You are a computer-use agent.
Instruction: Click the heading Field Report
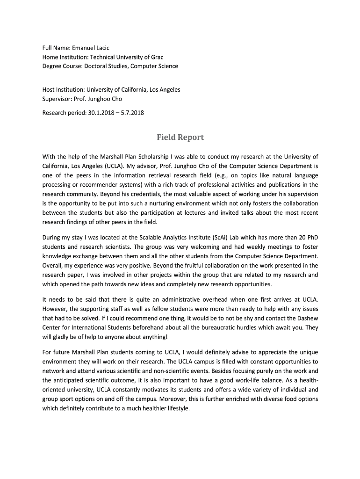tap(180, 137)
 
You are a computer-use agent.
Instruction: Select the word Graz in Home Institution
tap(156, 57)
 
